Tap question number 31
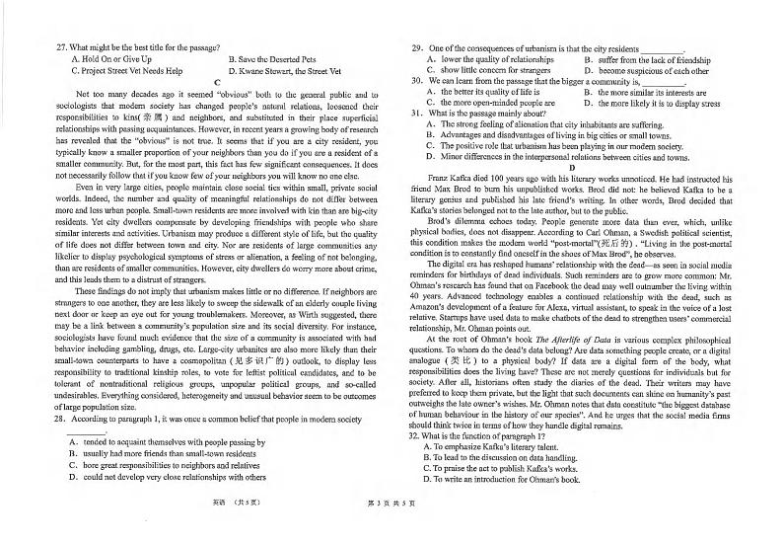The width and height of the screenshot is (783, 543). point(417,114)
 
